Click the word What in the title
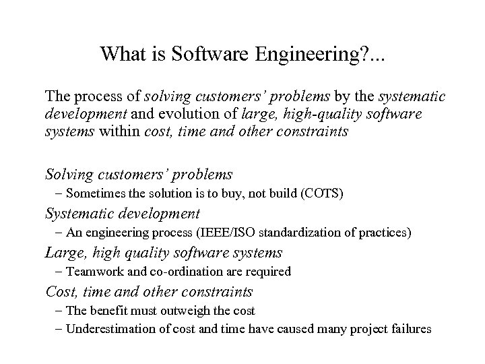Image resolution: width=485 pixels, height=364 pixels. point(119,54)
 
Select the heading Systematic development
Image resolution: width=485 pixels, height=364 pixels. point(122,214)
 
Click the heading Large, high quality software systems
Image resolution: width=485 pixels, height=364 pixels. point(164,253)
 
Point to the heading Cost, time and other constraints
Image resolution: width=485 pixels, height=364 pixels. point(149,292)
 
